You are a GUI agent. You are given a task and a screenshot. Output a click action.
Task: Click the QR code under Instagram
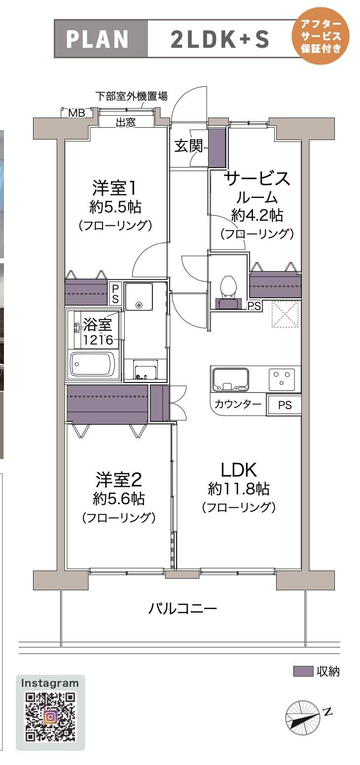coord(50,717)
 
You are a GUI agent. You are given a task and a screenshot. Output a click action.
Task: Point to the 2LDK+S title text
coord(220,39)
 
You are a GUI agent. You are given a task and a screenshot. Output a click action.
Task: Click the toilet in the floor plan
coord(227,288)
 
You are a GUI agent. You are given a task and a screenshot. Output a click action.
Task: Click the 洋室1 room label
coord(114,188)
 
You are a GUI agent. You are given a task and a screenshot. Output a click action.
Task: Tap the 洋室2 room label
coord(118,479)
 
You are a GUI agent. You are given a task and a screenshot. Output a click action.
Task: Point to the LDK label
coord(239,468)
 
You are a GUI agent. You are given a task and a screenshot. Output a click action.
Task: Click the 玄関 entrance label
coord(188,145)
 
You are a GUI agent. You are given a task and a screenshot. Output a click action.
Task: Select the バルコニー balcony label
coord(182,609)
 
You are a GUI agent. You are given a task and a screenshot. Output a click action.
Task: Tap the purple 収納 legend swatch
coord(303,671)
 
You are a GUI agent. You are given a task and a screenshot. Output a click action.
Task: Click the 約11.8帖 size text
coord(239,489)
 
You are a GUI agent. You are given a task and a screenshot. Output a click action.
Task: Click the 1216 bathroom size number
coord(98,340)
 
